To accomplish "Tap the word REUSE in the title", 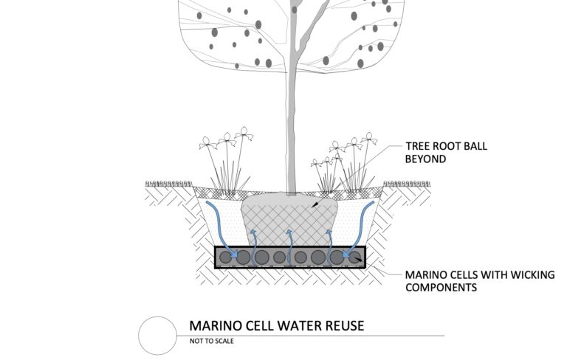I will pyautogui.click(x=343, y=325).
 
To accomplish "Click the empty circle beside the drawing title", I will pyautogui.click(x=158, y=336).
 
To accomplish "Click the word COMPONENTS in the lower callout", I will pyautogui.click(x=441, y=288).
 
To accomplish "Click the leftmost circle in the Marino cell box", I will pyautogui.click(x=224, y=257).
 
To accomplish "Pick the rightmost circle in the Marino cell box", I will pyautogui.click(x=355, y=257).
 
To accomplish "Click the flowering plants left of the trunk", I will pyautogui.click(x=225, y=166).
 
